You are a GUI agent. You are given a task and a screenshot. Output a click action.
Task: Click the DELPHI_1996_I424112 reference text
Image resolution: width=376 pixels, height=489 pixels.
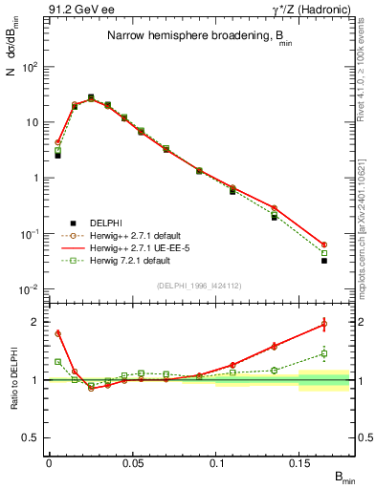[196, 284]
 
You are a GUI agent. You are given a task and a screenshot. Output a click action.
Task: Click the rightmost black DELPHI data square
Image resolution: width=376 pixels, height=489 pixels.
[324, 260]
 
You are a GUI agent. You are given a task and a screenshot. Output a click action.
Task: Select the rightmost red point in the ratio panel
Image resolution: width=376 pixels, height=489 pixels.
[324, 324]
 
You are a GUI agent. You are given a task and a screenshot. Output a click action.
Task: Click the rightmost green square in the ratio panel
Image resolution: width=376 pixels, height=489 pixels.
[324, 353]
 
